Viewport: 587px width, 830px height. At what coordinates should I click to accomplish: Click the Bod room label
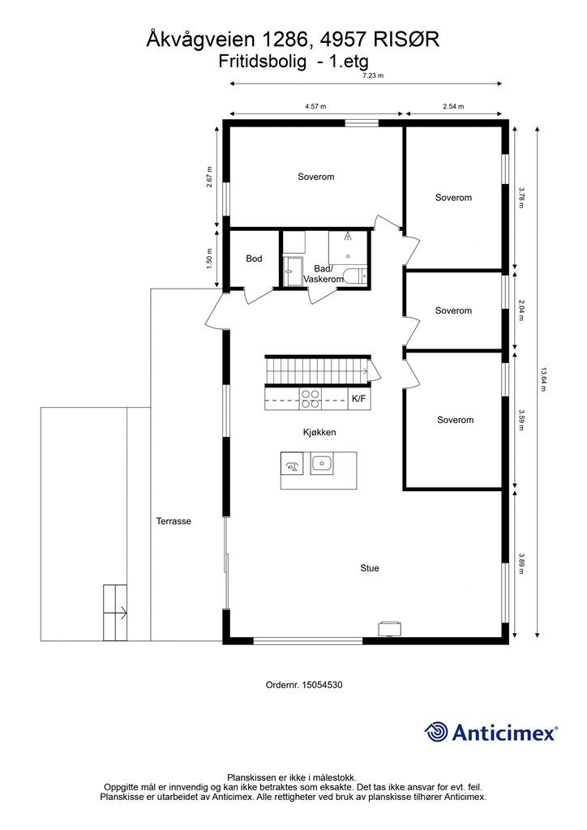[254, 259]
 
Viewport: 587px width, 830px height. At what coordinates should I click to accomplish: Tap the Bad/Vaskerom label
[323, 274]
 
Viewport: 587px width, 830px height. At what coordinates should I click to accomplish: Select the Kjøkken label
[319, 433]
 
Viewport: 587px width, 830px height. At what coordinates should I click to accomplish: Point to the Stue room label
[370, 568]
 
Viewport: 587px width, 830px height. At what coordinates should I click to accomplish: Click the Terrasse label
[174, 521]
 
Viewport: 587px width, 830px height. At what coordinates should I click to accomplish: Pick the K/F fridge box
[359, 399]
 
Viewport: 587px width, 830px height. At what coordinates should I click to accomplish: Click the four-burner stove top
[311, 399]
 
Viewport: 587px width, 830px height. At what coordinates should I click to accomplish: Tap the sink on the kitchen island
[322, 464]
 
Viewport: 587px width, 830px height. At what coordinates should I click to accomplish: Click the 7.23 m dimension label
[373, 75]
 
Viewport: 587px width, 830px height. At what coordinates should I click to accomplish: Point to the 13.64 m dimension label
[542, 379]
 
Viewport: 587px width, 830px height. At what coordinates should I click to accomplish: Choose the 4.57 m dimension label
[315, 106]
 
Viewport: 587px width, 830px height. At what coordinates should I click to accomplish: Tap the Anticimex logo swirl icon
[436, 733]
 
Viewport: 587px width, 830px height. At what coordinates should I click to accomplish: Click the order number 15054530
[322, 684]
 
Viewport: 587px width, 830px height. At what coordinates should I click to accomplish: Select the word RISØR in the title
[406, 40]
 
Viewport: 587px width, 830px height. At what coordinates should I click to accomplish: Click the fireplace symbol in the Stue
[389, 628]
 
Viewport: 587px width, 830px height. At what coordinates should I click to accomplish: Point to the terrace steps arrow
[115, 614]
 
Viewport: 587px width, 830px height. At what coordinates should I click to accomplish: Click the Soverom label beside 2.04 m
[453, 310]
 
